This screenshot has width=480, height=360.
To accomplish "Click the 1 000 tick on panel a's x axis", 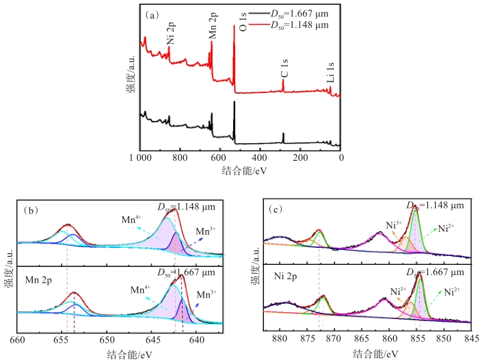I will pyautogui.click(x=137, y=157).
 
